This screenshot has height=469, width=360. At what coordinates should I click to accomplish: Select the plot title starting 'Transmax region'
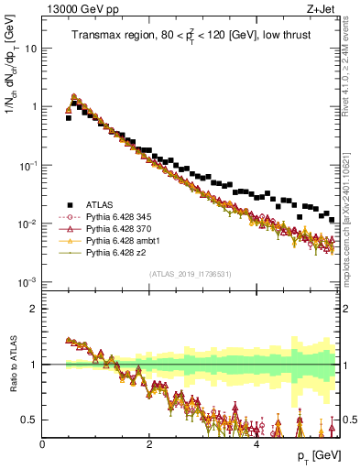191,36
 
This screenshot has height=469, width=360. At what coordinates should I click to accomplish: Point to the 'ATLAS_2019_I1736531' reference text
191,274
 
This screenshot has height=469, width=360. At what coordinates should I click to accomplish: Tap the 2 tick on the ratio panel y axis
33,309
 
